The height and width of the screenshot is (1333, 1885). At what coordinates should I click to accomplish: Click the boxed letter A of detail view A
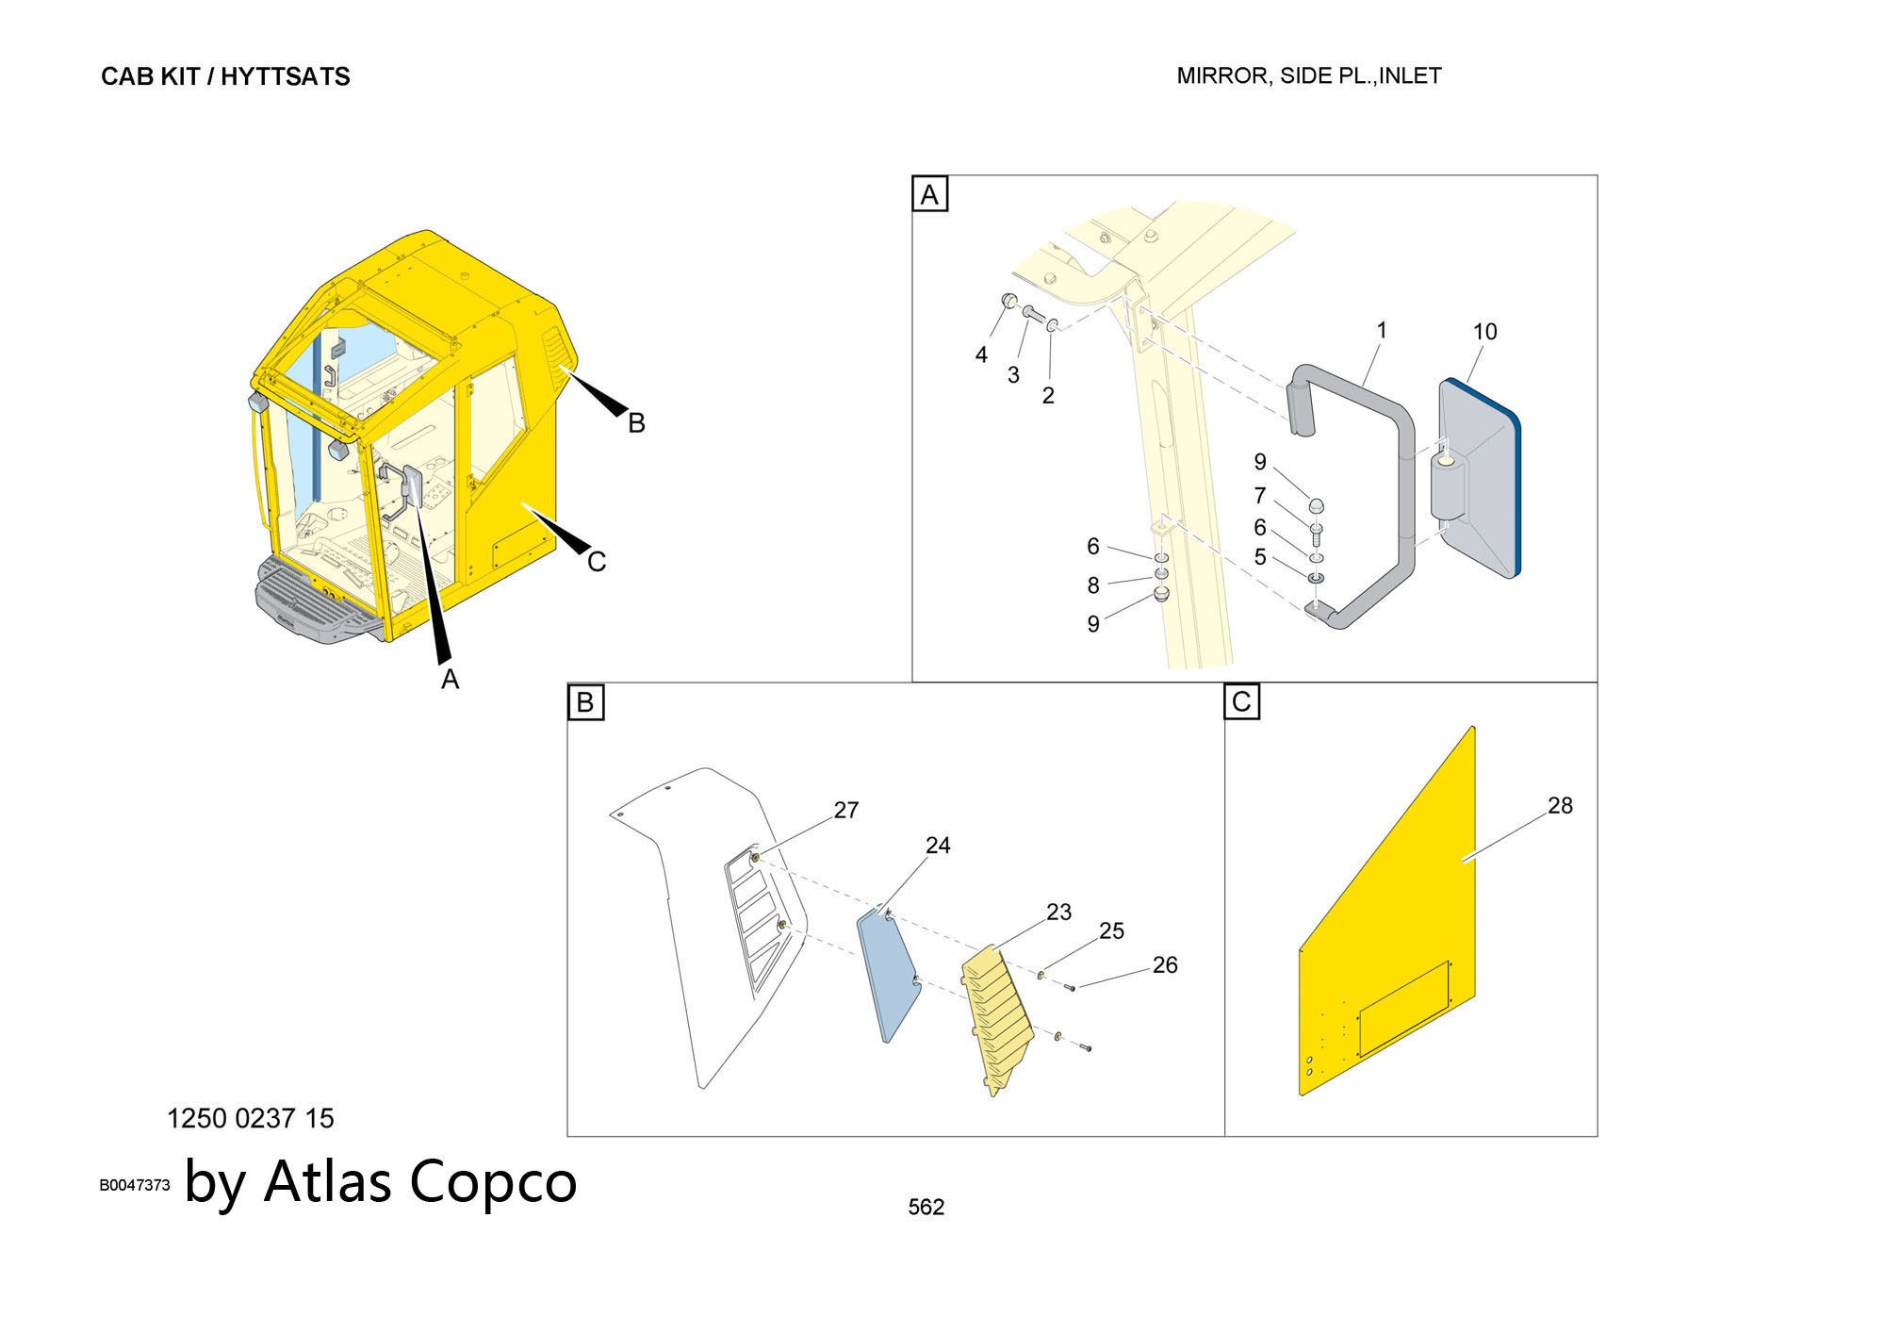point(929,194)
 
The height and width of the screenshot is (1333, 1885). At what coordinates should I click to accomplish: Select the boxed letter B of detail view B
point(585,702)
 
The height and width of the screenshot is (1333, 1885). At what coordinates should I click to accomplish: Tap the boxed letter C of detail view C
point(1241,701)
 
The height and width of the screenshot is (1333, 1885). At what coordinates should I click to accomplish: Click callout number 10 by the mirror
point(1484,332)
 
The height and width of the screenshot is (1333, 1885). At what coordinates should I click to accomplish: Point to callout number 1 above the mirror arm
point(1382,330)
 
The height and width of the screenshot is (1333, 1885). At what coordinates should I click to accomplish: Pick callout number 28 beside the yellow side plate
point(1560,805)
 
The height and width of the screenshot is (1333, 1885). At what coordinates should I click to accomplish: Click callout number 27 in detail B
point(846,810)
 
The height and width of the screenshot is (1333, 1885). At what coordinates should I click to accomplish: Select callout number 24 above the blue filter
point(938,845)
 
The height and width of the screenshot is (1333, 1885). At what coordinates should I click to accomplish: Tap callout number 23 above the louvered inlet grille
point(1058,912)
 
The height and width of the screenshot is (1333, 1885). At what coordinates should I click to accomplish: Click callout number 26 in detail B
point(1165,964)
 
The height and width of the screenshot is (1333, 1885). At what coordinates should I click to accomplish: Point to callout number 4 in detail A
point(981,354)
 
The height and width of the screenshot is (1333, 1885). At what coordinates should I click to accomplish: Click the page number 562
point(926,1207)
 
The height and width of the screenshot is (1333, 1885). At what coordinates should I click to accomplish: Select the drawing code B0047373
point(135,1185)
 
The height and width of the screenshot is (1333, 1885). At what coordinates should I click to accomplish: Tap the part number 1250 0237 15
point(251,1118)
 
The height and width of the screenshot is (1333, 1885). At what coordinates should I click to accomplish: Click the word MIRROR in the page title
point(1221,76)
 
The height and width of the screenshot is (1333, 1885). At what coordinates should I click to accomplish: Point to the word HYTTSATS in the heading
point(286,76)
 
